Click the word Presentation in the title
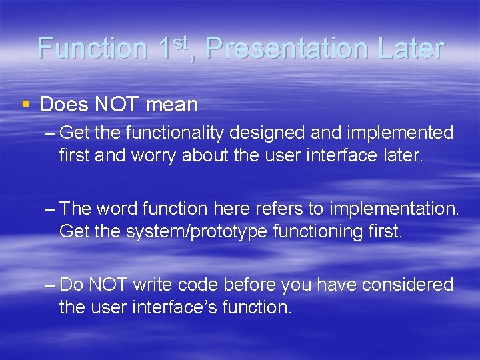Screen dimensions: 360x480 (x=287, y=49)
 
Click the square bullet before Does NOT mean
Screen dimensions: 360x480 (x=26, y=104)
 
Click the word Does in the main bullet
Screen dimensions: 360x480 (x=63, y=105)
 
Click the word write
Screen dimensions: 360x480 (x=154, y=285)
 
